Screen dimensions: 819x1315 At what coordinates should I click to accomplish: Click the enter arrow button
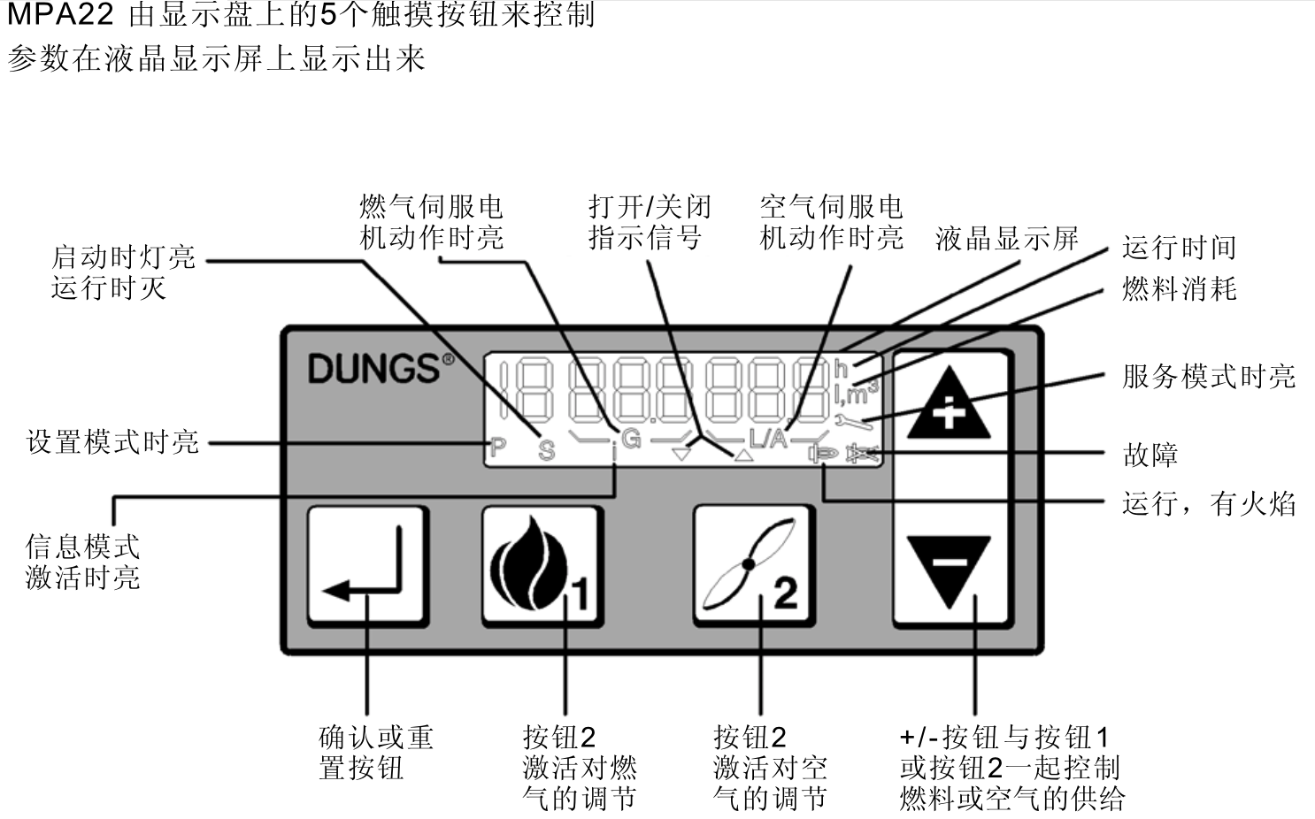click(367, 566)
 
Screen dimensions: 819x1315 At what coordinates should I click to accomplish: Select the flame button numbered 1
click(541, 566)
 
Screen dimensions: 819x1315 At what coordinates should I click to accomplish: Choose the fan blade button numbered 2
click(752, 566)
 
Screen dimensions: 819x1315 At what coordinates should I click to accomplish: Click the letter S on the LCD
click(547, 450)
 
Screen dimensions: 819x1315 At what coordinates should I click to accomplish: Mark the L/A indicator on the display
click(768, 437)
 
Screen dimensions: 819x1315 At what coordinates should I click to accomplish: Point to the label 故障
click(1150, 455)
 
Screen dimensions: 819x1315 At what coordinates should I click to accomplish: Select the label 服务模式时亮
click(1208, 377)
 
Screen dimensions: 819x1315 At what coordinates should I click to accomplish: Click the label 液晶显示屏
click(1006, 238)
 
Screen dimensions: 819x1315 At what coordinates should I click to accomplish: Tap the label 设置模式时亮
click(112, 441)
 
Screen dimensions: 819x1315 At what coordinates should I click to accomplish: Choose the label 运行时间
click(1178, 248)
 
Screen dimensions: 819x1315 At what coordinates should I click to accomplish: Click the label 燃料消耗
click(1178, 288)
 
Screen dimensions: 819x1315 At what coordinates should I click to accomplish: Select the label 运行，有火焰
click(1208, 504)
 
